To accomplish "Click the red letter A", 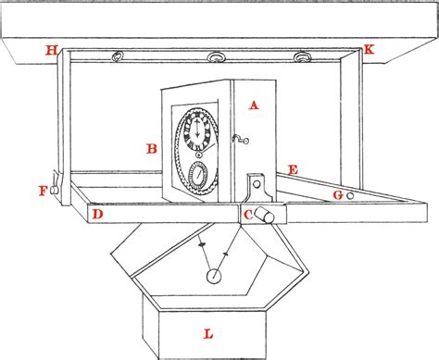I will click(254, 106).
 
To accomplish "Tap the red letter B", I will click(152, 148).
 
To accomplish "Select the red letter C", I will click(248, 215).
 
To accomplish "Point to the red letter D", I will click(97, 215).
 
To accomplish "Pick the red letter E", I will click(293, 170).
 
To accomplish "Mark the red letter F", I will click(43, 192).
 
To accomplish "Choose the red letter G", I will click(338, 195).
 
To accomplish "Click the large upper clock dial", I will click(197, 132).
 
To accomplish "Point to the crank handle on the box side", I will click(239, 140).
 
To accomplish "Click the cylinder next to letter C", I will click(269, 215).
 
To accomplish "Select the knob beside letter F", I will click(55, 190).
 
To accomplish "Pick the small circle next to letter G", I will click(350, 196).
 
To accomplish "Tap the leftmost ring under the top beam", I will click(119, 58).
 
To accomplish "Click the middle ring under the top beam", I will click(217, 58).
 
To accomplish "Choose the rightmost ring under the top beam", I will click(301, 58).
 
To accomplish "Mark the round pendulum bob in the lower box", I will click(214, 275).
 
